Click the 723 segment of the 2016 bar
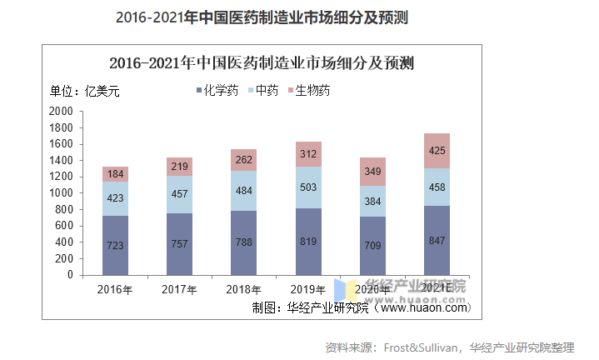pyautogui.click(x=115, y=245)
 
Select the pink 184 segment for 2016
pyautogui.click(x=115, y=174)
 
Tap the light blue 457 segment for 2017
pyautogui.click(x=179, y=194)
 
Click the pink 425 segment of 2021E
pyautogui.click(x=437, y=151)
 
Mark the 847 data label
pyautogui.click(x=437, y=240)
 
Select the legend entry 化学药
pyautogui.click(x=217, y=91)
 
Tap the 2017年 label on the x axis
pyautogui.click(x=179, y=290)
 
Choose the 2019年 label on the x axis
pyautogui.click(x=307, y=290)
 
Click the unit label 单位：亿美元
pyautogui.click(x=85, y=92)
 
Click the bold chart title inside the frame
pyautogui.click(x=262, y=62)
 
